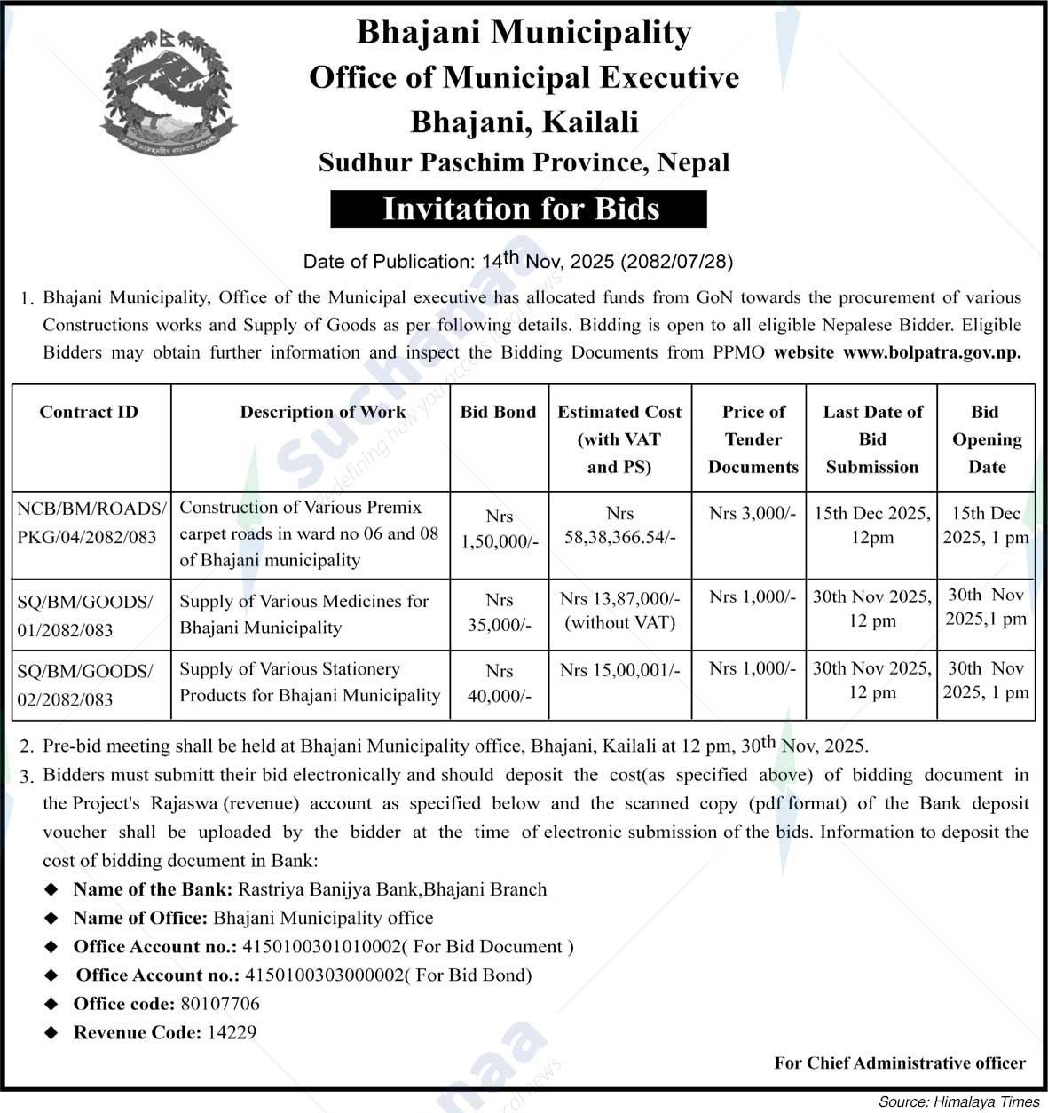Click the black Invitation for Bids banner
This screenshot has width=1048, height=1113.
click(x=519, y=209)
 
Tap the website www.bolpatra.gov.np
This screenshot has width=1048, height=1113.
click(x=932, y=352)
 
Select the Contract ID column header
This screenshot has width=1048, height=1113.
click(x=89, y=412)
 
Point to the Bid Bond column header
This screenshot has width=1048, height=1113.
click(x=499, y=412)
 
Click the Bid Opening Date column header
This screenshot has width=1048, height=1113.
click(x=986, y=439)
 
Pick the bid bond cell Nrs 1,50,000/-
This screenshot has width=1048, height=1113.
click(x=500, y=529)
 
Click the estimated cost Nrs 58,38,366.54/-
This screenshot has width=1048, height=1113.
click(x=619, y=525)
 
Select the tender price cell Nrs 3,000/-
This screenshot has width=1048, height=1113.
click(x=753, y=513)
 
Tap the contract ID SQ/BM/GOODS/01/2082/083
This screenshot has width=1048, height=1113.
click(x=85, y=616)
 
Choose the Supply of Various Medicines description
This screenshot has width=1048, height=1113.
click(x=303, y=614)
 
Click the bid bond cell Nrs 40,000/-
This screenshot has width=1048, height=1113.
click(x=500, y=684)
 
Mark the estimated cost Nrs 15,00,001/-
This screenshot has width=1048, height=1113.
click(x=619, y=670)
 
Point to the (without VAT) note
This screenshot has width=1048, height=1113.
click(x=619, y=623)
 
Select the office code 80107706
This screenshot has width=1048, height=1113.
click(x=219, y=1004)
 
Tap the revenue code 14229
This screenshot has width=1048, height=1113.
click(x=232, y=1032)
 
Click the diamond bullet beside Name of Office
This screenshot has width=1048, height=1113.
click(x=52, y=918)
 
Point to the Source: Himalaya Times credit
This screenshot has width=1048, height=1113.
click(x=958, y=1101)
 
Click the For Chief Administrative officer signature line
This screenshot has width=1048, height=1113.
click(x=900, y=1062)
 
